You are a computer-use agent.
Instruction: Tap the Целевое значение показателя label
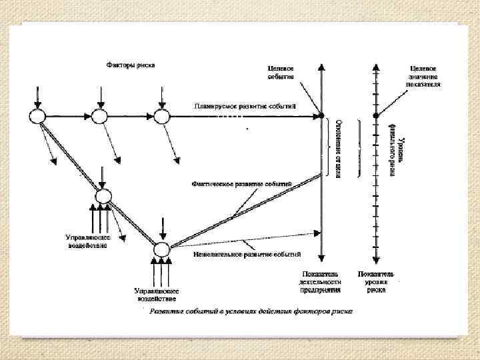coord(423,76)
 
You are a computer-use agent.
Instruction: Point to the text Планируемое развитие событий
coord(245,105)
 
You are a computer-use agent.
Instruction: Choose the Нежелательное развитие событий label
coord(247,254)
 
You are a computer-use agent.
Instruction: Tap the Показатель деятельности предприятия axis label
coord(321,281)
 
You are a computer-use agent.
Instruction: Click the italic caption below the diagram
coord(251,311)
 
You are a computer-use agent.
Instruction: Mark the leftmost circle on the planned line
coord(37,117)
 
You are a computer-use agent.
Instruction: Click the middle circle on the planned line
coord(99,117)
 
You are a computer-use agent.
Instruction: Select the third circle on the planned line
coord(161,117)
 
